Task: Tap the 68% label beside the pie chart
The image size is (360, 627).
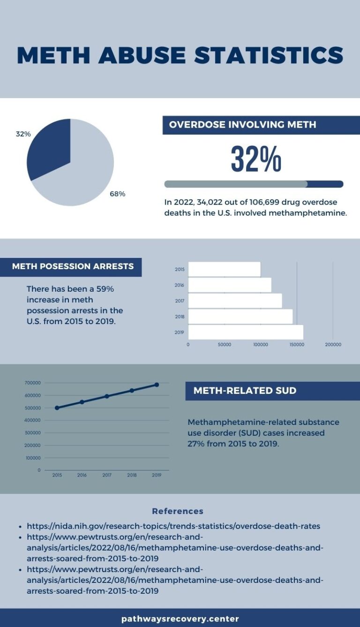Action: (117, 194)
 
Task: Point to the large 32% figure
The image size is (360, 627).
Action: (256, 159)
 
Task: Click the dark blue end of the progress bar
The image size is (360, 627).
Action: (326, 184)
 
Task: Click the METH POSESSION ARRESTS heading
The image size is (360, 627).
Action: (73, 266)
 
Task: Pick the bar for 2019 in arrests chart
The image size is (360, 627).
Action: (246, 332)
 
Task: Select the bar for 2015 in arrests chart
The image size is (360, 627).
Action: (224, 269)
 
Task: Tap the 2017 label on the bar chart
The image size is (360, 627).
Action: (180, 301)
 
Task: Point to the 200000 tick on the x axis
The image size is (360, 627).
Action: (333, 345)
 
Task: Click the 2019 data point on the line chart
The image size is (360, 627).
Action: (157, 385)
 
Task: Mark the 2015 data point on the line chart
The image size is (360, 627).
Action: (57, 408)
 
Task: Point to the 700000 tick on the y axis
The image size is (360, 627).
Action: (32, 383)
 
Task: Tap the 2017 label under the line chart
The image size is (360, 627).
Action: (107, 475)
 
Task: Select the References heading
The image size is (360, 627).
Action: (178, 511)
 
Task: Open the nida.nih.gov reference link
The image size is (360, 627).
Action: (173, 526)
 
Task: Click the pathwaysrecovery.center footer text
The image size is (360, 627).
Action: (180, 619)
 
